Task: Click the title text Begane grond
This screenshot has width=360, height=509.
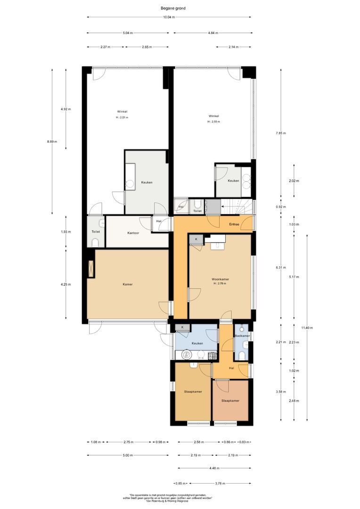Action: point(169,8)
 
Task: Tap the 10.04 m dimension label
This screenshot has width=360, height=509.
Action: point(169,17)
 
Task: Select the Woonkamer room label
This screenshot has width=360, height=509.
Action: point(220,279)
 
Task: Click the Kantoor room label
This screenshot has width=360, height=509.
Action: point(133,233)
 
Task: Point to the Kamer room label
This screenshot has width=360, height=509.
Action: point(127,284)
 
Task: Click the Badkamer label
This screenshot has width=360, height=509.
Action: point(242,336)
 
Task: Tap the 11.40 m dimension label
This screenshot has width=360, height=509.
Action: point(308,328)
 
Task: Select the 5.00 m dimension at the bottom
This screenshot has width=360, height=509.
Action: point(127,455)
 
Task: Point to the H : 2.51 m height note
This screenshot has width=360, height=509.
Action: point(122,117)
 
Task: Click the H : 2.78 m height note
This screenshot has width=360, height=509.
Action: point(220,283)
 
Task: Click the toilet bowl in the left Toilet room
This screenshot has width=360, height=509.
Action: point(96,242)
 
